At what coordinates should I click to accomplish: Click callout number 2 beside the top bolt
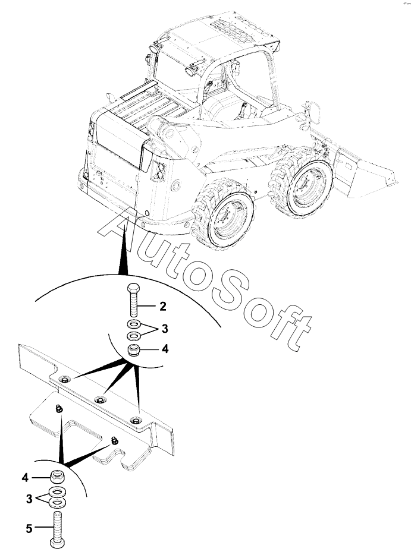coord(162,306)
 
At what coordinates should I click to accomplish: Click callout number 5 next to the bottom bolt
coord(29,529)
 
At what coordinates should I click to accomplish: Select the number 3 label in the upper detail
coord(164,329)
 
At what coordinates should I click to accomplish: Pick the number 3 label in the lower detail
coord(29,499)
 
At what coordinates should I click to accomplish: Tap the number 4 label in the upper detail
coord(165,349)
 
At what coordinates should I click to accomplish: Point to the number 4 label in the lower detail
coord(26,478)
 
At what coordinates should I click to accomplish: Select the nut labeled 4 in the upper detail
coord(134,349)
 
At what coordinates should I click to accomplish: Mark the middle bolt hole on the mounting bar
coord(101,399)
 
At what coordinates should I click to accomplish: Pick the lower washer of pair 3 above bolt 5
coord(57,503)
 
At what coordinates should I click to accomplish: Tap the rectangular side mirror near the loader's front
coord(315,112)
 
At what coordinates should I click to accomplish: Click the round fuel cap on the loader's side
coord(175,185)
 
